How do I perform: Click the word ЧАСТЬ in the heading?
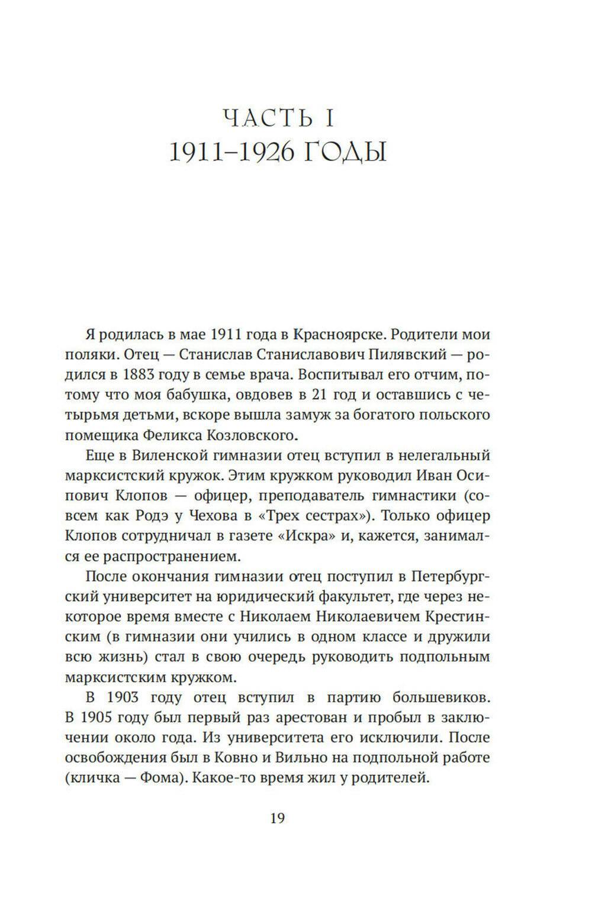point(268,118)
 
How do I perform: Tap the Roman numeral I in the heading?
point(329,118)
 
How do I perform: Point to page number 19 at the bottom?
point(278,819)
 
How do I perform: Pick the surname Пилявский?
point(398,354)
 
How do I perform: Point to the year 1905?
point(102,718)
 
